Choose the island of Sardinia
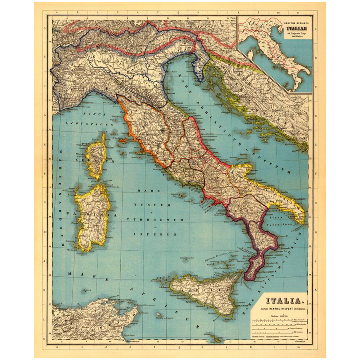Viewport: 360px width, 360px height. tap(92, 218)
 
